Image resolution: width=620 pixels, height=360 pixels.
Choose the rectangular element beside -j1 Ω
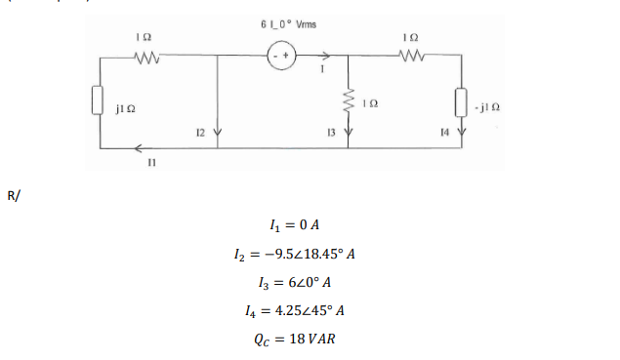click(461, 100)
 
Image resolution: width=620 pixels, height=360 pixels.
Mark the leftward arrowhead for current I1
click(138, 148)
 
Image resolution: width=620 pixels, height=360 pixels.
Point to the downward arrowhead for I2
click(216, 133)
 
